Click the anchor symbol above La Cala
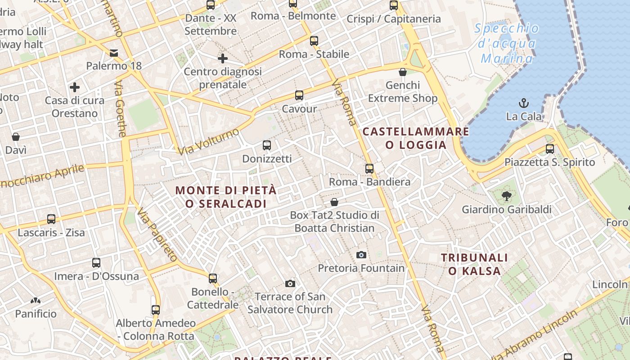click(x=523, y=103)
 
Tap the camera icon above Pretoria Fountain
click(x=361, y=255)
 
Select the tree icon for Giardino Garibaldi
click(x=506, y=196)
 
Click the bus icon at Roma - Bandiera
click(x=369, y=169)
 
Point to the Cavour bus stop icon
click(x=299, y=95)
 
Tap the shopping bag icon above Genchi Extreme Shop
click(x=403, y=72)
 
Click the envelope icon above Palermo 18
click(x=114, y=53)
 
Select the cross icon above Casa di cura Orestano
click(x=75, y=87)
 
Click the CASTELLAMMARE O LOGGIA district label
click(x=416, y=138)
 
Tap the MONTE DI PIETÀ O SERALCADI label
click(x=226, y=197)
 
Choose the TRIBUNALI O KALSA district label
click(x=474, y=264)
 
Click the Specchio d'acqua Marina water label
click(x=507, y=44)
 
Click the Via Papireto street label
click(x=157, y=234)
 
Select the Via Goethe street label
click(x=120, y=109)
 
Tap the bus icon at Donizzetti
click(x=267, y=145)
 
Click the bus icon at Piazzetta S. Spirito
click(x=549, y=149)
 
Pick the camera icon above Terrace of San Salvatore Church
click(x=290, y=283)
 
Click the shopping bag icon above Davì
click(x=16, y=137)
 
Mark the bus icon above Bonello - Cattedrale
click(x=213, y=279)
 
